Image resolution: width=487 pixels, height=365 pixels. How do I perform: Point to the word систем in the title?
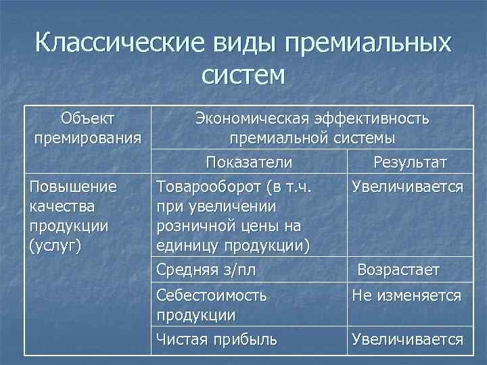point(243,74)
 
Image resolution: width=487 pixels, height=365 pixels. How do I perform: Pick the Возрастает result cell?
point(398,270)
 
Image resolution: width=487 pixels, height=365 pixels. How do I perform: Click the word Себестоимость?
point(211,295)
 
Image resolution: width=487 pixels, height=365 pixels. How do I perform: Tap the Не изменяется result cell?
point(406,295)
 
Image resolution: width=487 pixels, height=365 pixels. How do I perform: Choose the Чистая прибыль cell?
point(216,339)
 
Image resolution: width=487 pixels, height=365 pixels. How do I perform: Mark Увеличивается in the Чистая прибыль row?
point(407,339)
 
